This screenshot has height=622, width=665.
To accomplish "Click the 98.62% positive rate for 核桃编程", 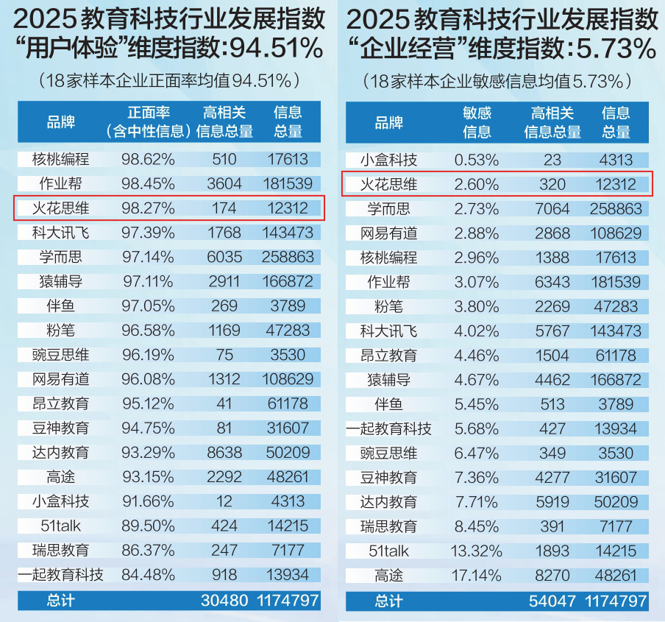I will coord(148,160).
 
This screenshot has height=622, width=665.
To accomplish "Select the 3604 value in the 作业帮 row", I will coord(224,184).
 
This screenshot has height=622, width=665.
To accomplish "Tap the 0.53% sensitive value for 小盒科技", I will coord(477,160).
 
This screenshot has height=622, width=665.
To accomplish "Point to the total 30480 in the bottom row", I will coord(224,600).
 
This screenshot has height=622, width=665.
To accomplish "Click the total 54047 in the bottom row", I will coord(552,600).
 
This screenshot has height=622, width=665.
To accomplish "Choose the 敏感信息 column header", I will coord(477,122).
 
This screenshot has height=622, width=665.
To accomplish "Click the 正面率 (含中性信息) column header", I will coord(148,122).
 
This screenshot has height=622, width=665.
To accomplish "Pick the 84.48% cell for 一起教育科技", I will coord(148,575).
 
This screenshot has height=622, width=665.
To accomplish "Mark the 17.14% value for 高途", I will coord(477,575).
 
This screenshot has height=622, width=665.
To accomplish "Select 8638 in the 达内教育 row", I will coord(224,452).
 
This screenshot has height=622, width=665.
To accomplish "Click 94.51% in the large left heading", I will coord(273,49).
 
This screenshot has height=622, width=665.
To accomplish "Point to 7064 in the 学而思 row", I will coord(552,208).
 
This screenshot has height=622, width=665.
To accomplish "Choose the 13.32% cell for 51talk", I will coord(477,551).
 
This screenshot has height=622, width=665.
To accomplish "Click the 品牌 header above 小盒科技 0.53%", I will coord(388,122).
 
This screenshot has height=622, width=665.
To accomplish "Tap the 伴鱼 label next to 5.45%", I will coord(388,403).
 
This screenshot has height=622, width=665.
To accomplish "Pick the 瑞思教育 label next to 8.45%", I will coord(388,526).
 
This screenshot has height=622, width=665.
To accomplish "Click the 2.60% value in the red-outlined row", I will coord(477,184).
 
